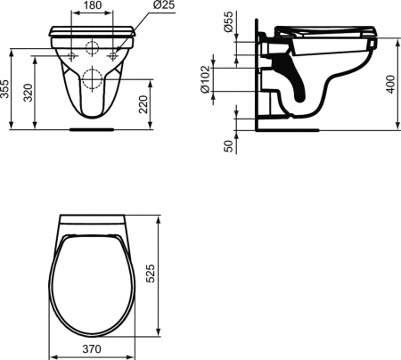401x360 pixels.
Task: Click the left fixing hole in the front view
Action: [70, 53]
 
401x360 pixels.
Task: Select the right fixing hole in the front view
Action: [113, 53]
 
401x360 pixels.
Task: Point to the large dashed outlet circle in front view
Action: [92, 79]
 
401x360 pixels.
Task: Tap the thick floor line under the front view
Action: [92, 128]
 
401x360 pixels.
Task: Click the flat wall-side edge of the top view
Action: [92, 217]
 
